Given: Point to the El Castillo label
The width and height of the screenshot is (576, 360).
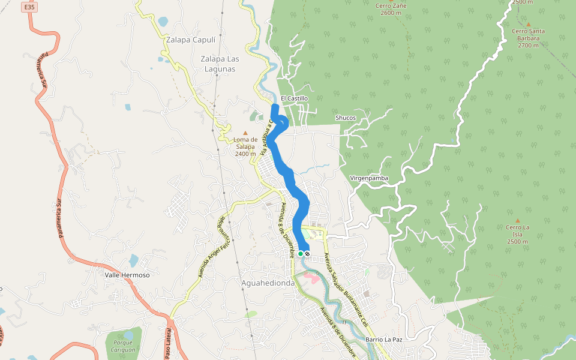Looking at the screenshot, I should click(294, 98).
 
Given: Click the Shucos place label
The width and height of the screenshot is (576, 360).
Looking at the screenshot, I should click(346, 118).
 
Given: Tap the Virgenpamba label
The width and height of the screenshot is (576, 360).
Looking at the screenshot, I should click(369, 178).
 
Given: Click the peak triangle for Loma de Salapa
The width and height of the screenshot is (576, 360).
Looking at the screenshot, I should click(245, 133).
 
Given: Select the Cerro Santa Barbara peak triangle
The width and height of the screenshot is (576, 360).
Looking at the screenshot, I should click(529, 24).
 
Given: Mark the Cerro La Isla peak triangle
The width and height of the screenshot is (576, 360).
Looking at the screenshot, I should click(517, 220).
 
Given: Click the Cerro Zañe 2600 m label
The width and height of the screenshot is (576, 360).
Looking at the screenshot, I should click(391, 8).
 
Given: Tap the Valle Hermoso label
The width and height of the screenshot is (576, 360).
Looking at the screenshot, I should click(127, 275).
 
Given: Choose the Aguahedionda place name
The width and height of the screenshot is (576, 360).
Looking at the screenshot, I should click(268, 283).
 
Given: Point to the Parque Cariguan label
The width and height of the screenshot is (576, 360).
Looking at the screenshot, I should click(124, 346).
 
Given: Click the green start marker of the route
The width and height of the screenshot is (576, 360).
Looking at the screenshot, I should click(301, 254).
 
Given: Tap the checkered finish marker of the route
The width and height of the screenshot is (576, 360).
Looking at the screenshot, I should click(307, 254).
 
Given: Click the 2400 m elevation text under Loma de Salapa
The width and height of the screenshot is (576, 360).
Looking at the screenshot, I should click(245, 154).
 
